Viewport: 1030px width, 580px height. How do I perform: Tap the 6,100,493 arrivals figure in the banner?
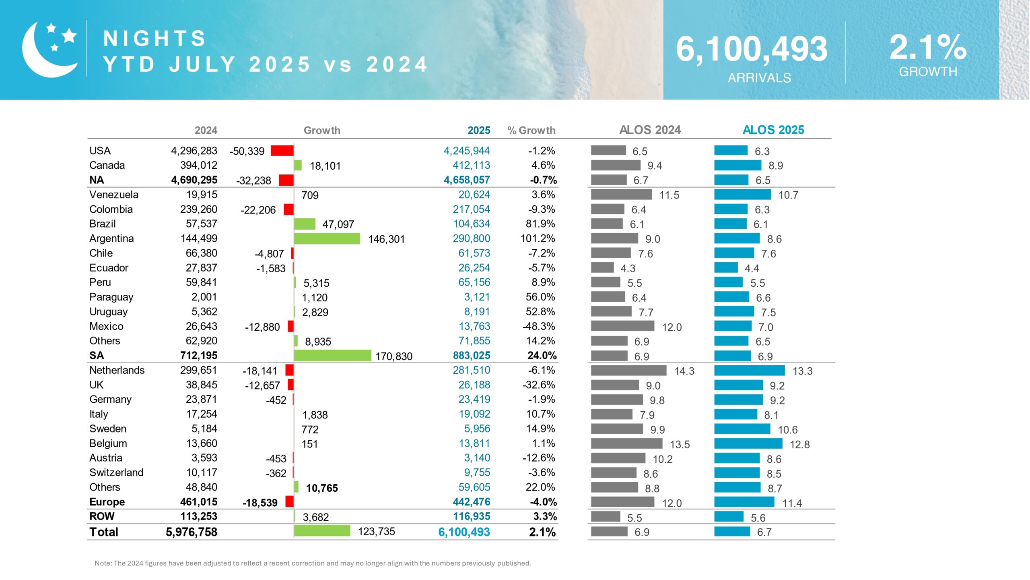pos(752,49)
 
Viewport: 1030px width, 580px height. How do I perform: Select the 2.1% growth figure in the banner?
pos(927,48)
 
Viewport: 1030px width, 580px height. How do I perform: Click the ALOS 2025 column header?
pos(773,130)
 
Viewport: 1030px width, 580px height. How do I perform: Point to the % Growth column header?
pos(531,130)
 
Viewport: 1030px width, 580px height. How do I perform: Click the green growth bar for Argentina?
pos(327,238)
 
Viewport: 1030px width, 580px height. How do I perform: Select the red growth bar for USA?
pos(282,151)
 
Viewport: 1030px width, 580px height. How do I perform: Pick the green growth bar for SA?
pos(332,355)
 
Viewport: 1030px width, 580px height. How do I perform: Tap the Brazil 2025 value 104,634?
pos(471,224)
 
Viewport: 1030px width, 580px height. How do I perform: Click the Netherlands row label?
pos(117,370)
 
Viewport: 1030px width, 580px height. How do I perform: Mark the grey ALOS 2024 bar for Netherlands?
pos(628,370)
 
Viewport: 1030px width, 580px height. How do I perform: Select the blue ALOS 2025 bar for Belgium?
pos(748,443)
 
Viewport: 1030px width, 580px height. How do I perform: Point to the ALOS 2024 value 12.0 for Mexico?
pos(672,327)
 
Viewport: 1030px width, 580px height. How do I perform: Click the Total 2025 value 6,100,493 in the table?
pos(464,532)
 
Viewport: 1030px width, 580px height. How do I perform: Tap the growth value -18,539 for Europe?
pos(260,503)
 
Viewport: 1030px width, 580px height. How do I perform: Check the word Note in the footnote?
pos(103,563)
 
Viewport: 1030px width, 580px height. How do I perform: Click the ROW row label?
pos(102,516)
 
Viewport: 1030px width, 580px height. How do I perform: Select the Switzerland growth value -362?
pos(276,473)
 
